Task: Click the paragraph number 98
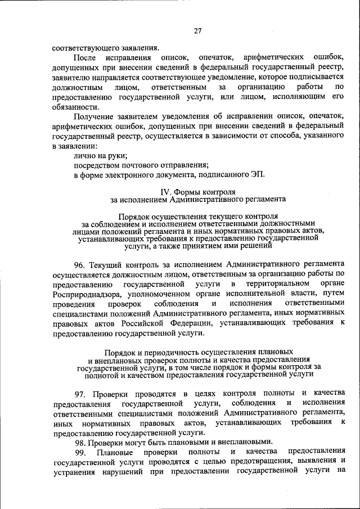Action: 79,442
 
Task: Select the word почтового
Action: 136,164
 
